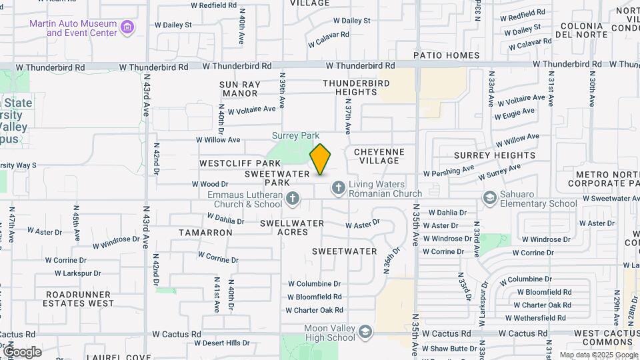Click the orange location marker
click(320, 159)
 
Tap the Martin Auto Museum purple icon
click(127, 28)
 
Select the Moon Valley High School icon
click(365, 332)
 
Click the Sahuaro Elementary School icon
click(490, 199)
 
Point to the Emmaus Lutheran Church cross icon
click(291, 199)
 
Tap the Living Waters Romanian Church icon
click(338, 189)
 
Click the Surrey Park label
click(295, 135)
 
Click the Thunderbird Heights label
click(355, 87)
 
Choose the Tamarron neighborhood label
click(205, 233)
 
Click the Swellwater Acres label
click(292, 227)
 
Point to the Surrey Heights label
click(494, 155)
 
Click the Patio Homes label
click(446, 55)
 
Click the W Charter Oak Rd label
click(315, 310)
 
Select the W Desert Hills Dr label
click(221, 343)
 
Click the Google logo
click(22, 352)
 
